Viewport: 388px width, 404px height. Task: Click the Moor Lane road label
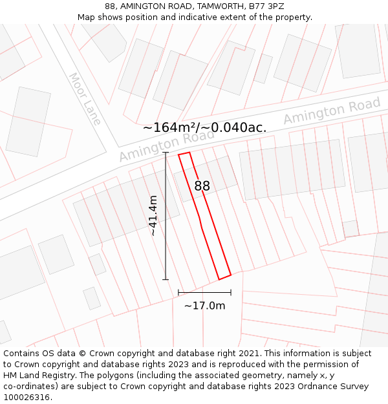pyautogui.click(x=85, y=98)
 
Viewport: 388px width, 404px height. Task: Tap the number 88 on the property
pyautogui.click(x=202, y=186)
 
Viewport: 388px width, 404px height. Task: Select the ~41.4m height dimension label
pyautogui.click(x=153, y=215)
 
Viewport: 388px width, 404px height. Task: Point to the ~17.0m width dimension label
pyautogui.click(x=204, y=306)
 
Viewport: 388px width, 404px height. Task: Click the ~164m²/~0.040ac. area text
pyautogui.click(x=204, y=127)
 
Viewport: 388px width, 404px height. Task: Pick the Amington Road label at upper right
pyautogui.click(x=332, y=112)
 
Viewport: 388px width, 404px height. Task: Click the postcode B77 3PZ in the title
pyautogui.click(x=267, y=6)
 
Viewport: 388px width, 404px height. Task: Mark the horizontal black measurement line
pyautogui.click(x=204, y=293)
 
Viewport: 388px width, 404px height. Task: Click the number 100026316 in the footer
pyautogui.click(x=25, y=397)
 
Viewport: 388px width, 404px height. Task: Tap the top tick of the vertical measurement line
pyautogui.click(x=166, y=153)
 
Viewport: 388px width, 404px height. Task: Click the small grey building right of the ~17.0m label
pyautogui.click(x=350, y=228)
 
